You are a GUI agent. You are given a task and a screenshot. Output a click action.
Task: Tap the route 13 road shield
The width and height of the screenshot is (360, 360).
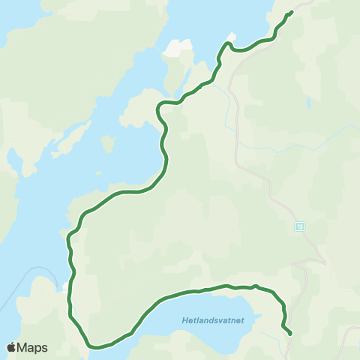coord(300,226)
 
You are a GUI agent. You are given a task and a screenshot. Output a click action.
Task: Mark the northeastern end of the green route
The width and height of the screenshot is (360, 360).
coord(290,12)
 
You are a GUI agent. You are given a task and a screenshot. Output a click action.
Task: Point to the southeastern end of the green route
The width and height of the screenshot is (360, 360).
coord(289,332)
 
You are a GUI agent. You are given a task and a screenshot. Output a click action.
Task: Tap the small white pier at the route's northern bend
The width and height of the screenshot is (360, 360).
coord(232,36)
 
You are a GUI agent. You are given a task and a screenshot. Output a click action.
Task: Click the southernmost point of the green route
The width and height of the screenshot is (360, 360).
coord(96,347)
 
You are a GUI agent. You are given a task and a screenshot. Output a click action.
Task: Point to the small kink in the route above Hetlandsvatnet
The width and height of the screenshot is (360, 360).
coord(256,285)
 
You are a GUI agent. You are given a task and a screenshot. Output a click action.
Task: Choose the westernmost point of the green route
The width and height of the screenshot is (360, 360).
coord(67,240)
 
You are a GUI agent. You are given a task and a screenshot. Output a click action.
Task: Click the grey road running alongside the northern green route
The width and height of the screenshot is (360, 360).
coord(237,112)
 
